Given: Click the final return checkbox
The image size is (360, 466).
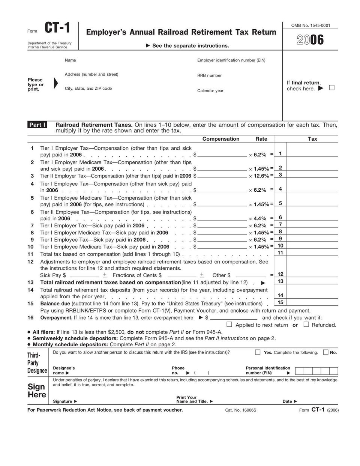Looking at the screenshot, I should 331,88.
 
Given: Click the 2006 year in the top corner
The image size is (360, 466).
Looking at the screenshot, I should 310,41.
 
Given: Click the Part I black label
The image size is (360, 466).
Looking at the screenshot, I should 37,125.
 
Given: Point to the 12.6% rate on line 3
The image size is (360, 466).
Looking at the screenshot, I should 261,176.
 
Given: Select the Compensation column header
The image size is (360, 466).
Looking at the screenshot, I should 220,139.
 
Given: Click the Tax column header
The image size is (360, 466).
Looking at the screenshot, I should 312,139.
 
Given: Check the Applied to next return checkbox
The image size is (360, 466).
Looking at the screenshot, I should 229,325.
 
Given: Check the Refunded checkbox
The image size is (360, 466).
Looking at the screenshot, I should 306,325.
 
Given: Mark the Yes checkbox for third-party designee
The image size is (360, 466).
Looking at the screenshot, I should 258,352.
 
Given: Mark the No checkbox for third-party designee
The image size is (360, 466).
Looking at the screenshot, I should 325,352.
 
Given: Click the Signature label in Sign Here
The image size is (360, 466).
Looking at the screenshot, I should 63,401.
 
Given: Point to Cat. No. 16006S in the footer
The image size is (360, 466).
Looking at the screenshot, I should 240,410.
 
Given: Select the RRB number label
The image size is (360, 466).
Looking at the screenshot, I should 209,75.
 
